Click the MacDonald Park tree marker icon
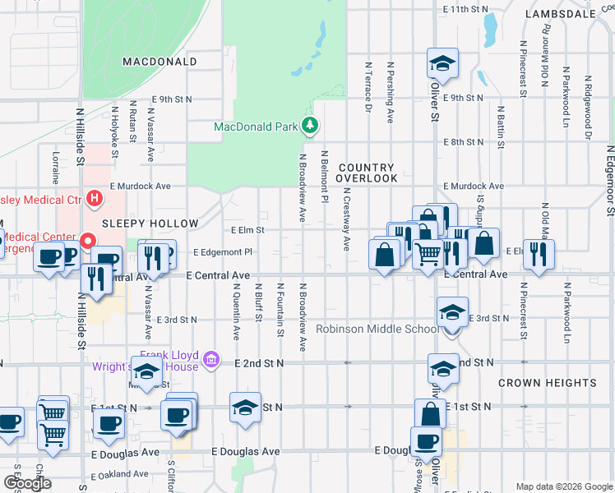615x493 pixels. [310, 126]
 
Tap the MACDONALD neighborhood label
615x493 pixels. [160, 62]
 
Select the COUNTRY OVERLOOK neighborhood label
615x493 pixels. [367, 173]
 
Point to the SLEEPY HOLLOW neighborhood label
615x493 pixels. [150, 223]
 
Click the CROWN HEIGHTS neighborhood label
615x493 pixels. [547, 383]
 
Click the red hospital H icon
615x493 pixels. [95, 198]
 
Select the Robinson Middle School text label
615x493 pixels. [379, 329]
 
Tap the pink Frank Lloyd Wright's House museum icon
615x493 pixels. [212, 358]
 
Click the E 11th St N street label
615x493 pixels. [465, 9]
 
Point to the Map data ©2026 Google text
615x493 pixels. [564, 486]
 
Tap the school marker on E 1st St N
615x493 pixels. [245, 408]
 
